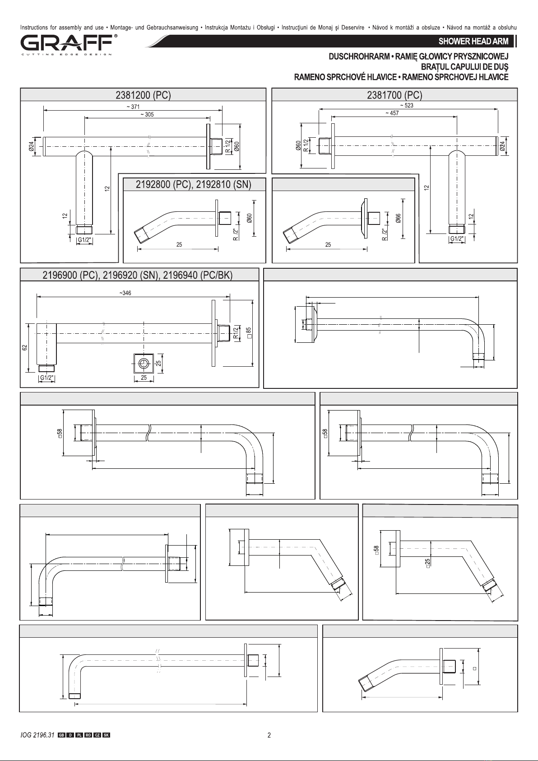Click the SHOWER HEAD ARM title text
tap(473, 42)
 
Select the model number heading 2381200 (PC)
tap(143, 95)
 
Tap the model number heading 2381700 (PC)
tap(394, 95)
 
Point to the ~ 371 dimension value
tap(133, 107)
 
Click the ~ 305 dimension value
tap(147, 115)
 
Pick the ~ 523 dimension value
tap(407, 105)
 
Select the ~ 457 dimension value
tap(392, 113)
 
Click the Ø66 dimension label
tap(398, 218)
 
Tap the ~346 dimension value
tap(125, 293)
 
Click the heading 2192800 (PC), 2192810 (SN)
tap(194, 184)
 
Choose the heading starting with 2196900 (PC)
tap(138, 275)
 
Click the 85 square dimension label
tap(249, 332)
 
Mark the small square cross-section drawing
tap(144, 364)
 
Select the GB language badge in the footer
tap(61, 736)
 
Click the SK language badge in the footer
tap(106, 736)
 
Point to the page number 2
tap(269, 736)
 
